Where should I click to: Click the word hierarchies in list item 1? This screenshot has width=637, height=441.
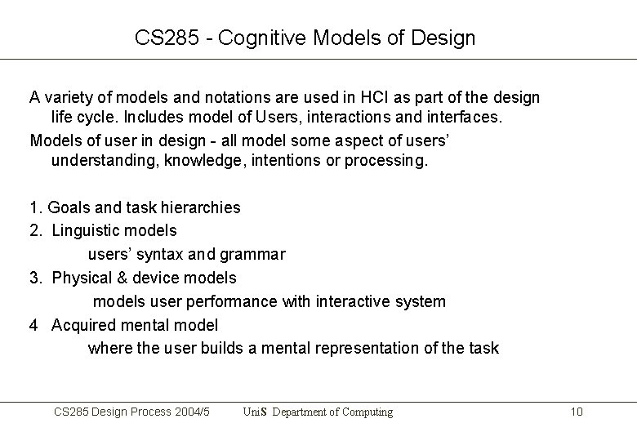click(202, 207)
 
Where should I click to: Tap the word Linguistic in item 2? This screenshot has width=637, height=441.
click(87, 231)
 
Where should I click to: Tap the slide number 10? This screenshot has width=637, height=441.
click(577, 412)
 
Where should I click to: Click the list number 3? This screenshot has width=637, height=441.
click(34, 278)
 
